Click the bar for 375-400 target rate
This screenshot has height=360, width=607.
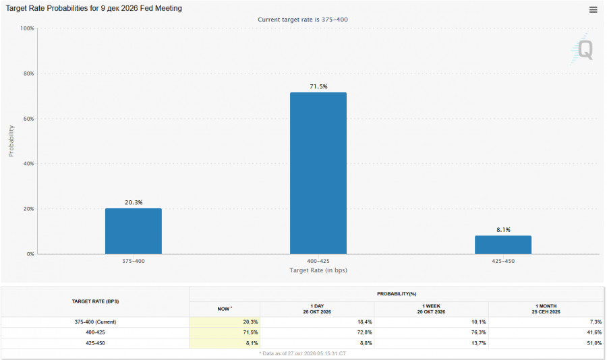point(134,231)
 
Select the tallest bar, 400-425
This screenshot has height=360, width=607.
point(318,173)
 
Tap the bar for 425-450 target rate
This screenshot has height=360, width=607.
point(503,245)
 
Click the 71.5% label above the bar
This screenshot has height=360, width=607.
point(318,86)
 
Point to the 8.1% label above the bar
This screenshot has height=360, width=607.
point(503,229)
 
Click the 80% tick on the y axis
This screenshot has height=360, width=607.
point(28,73)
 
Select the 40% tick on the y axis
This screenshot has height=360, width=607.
point(28,164)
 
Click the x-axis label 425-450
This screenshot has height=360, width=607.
point(503,261)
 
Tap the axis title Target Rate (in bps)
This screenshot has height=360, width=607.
point(318,270)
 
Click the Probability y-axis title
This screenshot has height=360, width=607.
point(11,141)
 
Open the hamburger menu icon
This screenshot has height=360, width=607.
point(593,9)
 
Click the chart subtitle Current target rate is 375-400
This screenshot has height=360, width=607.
point(303,20)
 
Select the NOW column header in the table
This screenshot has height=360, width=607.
point(225,309)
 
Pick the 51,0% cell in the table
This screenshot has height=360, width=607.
point(594,343)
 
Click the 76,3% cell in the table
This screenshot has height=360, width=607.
point(479,332)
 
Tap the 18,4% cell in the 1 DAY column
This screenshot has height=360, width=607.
point(365,322)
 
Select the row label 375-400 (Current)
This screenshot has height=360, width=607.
point(95,322)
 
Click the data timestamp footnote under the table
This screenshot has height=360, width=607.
point(302,353)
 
